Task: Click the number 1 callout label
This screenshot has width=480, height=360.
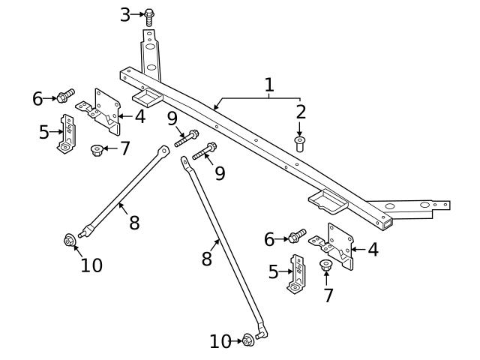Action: tap(269, 85)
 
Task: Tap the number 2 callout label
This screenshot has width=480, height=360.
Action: tap(301, 112)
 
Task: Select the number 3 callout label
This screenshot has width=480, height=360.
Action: tap(125, 13)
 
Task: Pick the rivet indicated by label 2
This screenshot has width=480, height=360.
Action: tap(300, 142)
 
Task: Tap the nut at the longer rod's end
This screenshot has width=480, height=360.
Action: tap(248, 340)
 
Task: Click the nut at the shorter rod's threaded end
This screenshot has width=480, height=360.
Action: tap(68, 241)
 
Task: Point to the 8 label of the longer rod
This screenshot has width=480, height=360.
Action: tap(207, 259)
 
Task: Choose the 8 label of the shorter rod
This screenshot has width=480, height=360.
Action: tap(134, 223)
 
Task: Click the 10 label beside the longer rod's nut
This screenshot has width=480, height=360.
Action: tap(220, 342)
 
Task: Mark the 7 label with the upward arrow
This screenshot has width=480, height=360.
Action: tap(328, 295)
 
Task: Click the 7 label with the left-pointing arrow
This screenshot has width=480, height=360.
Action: tap(124, 148)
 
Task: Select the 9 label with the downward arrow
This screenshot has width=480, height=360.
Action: tap(172, 118)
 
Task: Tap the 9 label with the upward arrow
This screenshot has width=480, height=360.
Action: tap(220, 174)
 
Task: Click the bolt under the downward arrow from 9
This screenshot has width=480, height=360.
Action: tap(187, 138)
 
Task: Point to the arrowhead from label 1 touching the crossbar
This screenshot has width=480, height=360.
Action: tap(214, 108)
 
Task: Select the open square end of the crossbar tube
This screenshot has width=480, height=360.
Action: tap(386, 223)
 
